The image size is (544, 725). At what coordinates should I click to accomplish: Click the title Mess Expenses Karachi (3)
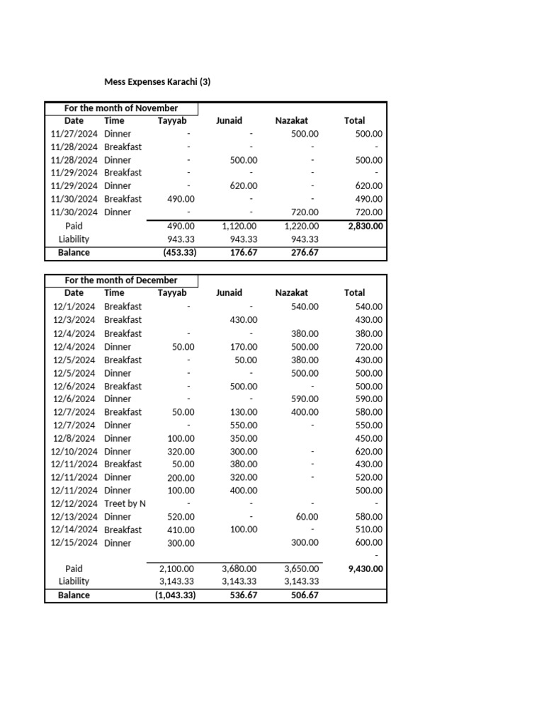pos(157,81)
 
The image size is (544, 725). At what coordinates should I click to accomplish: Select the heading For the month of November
pos(121,108)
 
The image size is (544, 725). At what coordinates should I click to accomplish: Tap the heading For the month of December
pos(121,280)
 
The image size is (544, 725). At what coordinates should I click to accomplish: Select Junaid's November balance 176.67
pos(243,252)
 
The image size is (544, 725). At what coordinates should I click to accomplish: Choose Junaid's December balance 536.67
pos(243,595)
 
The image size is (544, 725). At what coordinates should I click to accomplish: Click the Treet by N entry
pos(125,503)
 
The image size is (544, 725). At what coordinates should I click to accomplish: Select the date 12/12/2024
pos(74,503)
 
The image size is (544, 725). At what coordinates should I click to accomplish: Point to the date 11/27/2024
pos(74,133)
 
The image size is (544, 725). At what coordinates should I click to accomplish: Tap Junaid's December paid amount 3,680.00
pos(239,568)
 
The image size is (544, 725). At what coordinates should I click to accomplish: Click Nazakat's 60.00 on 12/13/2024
pos(307,517)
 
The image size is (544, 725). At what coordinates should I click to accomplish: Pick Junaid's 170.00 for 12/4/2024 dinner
pos(244,347)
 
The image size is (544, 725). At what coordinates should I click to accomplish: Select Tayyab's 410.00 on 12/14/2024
pos(181,530)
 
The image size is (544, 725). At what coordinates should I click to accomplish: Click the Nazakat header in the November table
pos(291,120)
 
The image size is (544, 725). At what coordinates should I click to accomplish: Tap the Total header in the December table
pos(354,292)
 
